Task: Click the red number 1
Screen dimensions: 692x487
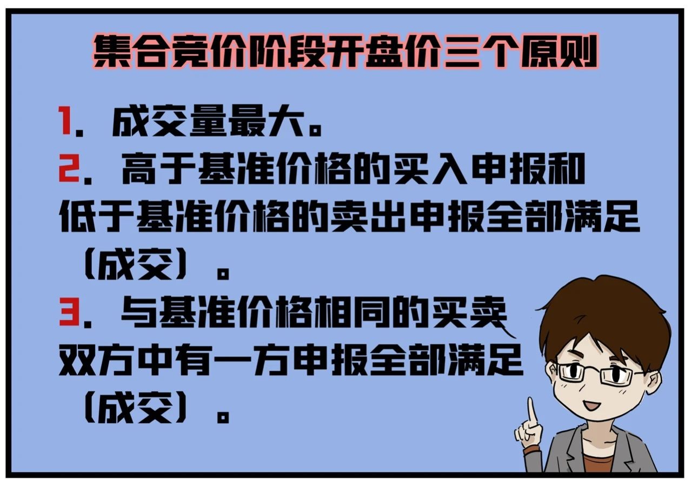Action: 65,121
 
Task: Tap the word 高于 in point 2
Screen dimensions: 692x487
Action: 159,169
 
